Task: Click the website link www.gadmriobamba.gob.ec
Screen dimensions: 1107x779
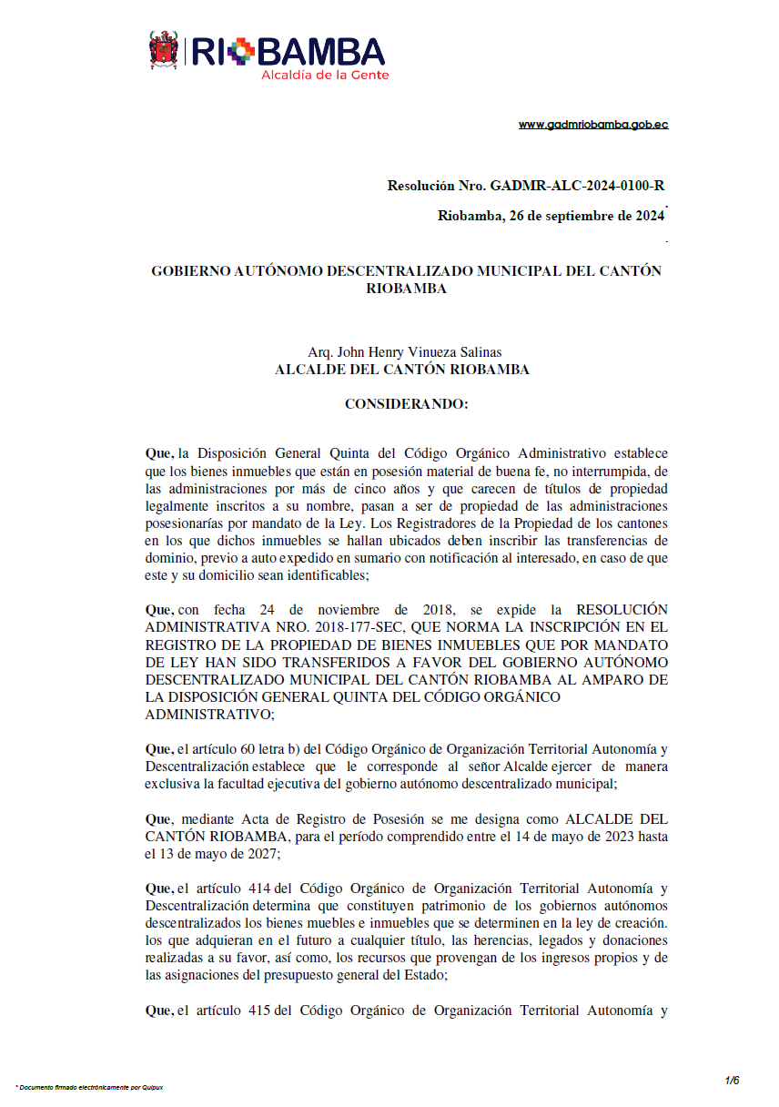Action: pos(593,125)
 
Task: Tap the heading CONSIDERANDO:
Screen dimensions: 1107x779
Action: pos(406,403)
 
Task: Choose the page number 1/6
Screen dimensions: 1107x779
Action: pos(732,1081)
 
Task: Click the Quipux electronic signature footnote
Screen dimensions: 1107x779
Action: pos(90,1087)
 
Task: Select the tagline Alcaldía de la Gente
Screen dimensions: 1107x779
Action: pos(324,75)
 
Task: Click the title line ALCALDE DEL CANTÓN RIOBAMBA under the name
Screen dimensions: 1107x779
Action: pos(401,370)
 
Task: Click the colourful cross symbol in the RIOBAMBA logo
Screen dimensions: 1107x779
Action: pos(239,51)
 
